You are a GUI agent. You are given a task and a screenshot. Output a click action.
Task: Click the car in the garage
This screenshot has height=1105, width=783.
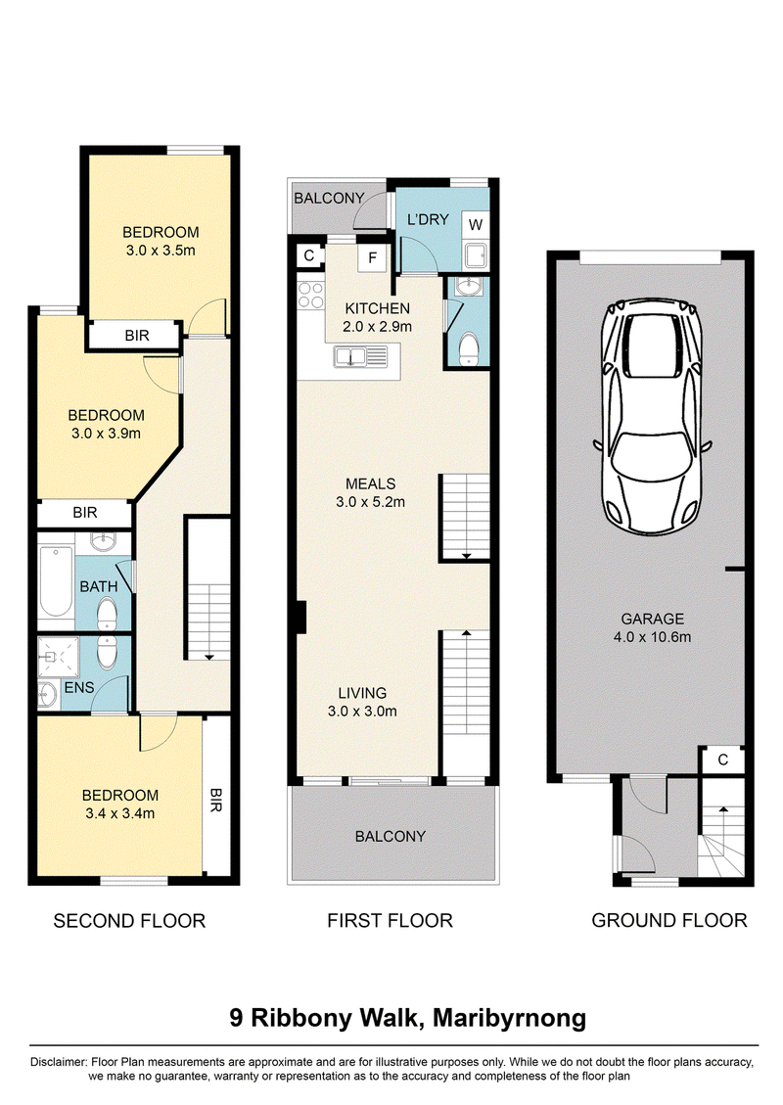(x=652, y=417)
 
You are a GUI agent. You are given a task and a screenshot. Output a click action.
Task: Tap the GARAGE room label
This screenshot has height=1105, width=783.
(x=652, y=619)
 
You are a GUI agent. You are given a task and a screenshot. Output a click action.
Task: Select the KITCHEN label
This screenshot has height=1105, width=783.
(x=377, y=308)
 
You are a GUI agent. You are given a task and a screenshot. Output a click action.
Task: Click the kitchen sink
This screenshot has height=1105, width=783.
(x=361, y=356)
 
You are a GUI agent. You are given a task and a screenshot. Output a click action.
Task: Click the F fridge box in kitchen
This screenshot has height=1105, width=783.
(x=372, y=258)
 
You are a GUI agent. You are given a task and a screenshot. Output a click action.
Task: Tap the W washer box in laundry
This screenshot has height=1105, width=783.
(x=476, y=225)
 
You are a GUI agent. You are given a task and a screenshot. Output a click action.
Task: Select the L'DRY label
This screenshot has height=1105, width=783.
(x=428, y=219)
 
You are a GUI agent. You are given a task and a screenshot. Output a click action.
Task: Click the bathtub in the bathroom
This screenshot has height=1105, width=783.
(x=56, y=580)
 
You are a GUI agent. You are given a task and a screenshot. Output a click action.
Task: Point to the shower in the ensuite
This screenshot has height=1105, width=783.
(x=58, y=658)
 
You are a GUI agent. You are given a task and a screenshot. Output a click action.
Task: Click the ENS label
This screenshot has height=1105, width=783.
(x=79, y=687)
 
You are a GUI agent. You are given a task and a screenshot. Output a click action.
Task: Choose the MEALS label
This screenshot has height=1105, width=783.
(x=371, y=483)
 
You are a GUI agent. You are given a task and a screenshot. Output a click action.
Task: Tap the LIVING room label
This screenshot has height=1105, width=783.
(x=362, y=693)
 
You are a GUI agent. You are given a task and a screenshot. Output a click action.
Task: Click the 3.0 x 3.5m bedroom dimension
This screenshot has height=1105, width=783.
(x=161, y=251)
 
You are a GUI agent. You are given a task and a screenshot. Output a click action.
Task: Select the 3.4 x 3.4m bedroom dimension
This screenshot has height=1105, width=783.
(x=119, y=813)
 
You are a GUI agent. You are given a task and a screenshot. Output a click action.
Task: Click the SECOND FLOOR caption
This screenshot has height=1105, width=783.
(x=129, y=921)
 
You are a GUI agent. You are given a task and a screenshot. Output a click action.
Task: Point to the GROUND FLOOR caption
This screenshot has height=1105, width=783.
(x=668, y=920)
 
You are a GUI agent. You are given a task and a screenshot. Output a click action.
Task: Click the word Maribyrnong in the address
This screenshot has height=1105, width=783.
(x=510, y=1019)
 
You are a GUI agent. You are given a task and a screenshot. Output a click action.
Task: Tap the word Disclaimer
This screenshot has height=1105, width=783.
(x=59, y=1062)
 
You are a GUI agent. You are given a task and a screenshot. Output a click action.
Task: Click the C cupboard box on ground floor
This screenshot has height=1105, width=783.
(x=722, y=760)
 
